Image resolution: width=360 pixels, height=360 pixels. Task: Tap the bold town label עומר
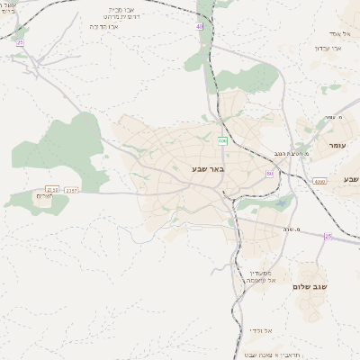point(337,144)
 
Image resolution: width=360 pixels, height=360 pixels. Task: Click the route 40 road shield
point(200,28)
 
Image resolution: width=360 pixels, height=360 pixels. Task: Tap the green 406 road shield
point(221,140)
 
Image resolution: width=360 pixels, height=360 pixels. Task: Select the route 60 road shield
point(269,174)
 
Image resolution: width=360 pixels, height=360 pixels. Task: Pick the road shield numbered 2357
point(72,189)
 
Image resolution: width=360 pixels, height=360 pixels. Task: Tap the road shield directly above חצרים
point(52,188)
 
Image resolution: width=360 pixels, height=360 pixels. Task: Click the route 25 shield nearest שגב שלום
point(328,236)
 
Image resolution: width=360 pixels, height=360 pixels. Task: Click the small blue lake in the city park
point(283,203)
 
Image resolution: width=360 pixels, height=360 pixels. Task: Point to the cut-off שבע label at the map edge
point(350,179)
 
